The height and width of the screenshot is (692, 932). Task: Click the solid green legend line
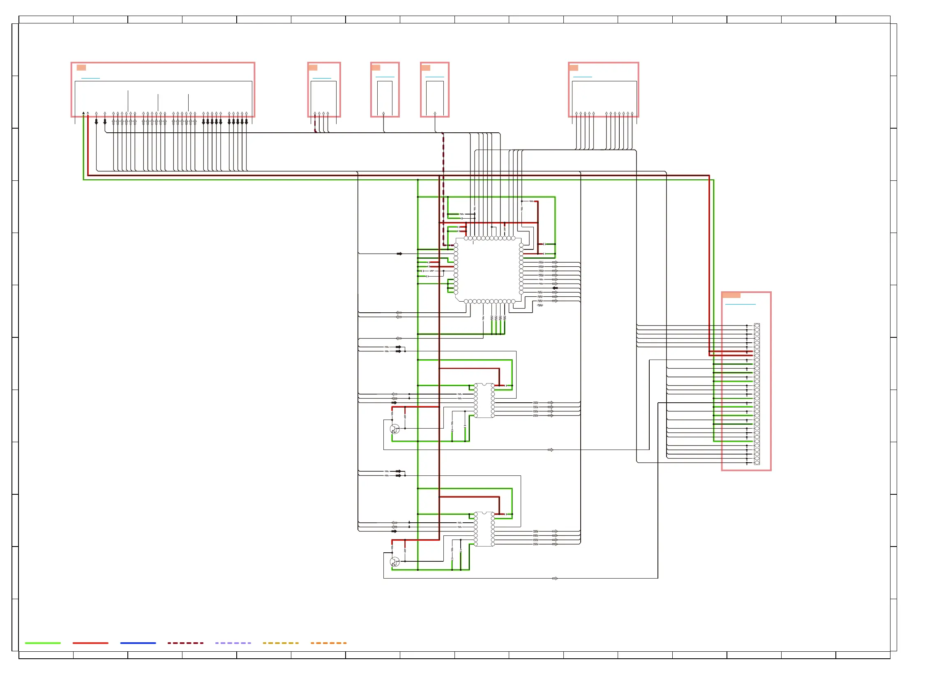[43, 643]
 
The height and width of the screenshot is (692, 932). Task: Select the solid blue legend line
[138, 643]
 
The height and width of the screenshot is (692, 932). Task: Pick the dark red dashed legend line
[186, 643]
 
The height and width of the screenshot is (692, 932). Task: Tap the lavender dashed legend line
[233, 643]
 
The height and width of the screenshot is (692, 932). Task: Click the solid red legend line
[90, 643]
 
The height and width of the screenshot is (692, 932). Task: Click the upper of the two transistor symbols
[394, 429]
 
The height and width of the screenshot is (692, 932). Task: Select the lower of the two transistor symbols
[394, 561]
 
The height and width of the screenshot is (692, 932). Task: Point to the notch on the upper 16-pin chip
[484, 384]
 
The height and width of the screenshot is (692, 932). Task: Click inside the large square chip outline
[489, 270]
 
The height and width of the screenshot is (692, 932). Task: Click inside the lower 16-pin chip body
[484, 530]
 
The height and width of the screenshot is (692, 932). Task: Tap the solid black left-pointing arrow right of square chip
[555, 288]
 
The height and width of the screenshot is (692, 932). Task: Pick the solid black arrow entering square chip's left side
[399, 254]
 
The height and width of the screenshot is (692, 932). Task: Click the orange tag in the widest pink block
[81, 67]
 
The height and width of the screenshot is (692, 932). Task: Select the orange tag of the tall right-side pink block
[731, 295]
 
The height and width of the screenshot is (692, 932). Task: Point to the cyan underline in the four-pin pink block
[322, 78]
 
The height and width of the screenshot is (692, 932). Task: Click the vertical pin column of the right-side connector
[757, 394]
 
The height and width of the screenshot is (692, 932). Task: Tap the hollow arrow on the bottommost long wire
[555, 579]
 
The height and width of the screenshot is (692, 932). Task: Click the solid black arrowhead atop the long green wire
[83, 113]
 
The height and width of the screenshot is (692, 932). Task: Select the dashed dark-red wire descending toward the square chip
[443, 189]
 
